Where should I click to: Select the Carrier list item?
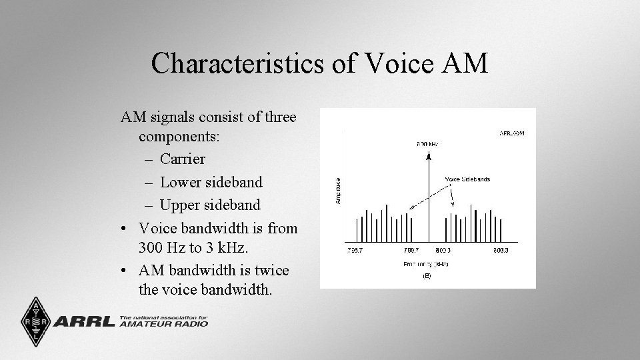[182, 159]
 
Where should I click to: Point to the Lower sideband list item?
[211, 182]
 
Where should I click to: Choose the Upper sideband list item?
[210, 205]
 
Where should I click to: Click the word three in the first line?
[280, 118]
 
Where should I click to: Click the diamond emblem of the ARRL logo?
[35, 321]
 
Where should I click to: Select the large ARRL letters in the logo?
[85, 322]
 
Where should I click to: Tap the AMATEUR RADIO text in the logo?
[163, 325]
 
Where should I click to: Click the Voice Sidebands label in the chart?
[467, 179]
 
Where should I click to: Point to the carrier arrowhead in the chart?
[428, 155]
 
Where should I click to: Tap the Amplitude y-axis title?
[338, 190]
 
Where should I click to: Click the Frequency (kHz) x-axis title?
[427, 265]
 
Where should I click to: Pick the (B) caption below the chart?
[427, 276]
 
